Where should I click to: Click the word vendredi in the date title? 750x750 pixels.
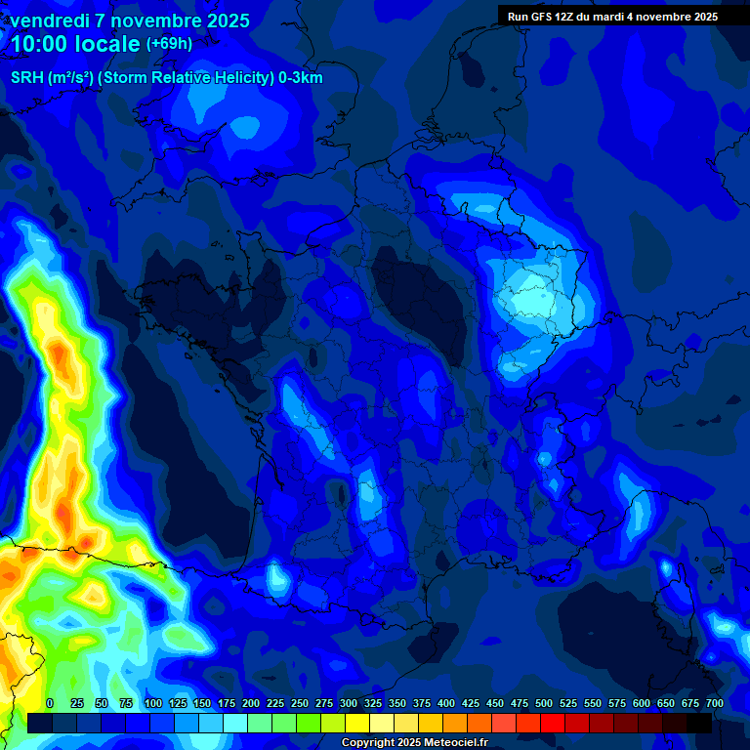click(x=52, y=21)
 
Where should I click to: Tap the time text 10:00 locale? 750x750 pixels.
click(x=74, y=44)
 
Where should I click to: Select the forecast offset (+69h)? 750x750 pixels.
click(x=168, y=44)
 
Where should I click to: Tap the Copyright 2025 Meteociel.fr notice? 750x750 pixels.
click(x=415, y=743)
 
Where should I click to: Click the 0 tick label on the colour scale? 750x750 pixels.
click(x=50, y=703)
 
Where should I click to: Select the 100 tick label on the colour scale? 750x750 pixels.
click(x=152, y=703)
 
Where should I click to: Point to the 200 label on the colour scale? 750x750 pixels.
click(x=251, y=703)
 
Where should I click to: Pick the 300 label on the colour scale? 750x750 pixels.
click(x=349, y=703)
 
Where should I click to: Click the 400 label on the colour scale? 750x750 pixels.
click(x=446, y=703)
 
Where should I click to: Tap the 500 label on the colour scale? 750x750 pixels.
click(x=544, y=703)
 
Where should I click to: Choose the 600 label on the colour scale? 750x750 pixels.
click(x=642, y=703)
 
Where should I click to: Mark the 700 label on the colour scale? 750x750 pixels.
click(x=714, y=703)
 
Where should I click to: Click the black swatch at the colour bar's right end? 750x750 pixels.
click(x=699, y=723)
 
